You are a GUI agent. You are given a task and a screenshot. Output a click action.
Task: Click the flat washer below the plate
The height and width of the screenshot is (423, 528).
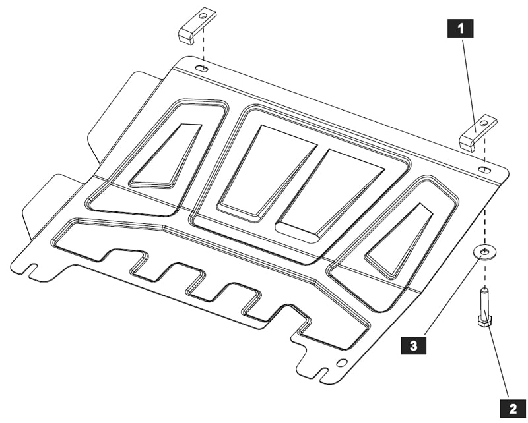click(485, 254)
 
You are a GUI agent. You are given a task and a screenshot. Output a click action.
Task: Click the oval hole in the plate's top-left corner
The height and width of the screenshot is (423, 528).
click(202, 69)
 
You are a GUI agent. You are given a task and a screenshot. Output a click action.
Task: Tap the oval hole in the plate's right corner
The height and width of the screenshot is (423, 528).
click(485, 170)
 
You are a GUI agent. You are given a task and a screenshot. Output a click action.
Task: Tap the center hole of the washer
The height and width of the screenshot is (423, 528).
click(485, 252)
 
